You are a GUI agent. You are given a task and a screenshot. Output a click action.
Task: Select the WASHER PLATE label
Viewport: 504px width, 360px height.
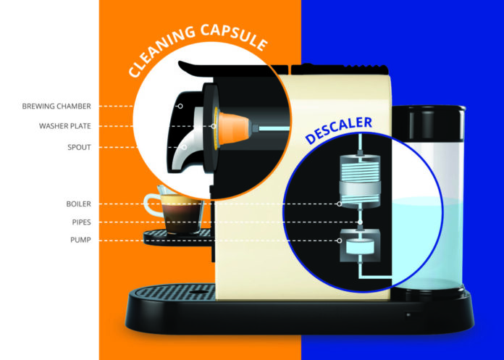coord(64,126)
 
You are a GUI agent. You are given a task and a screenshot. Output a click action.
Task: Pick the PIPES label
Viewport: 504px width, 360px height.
coord(80,222)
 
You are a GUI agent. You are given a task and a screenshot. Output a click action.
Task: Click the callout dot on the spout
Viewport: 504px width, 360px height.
coord(182,147)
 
